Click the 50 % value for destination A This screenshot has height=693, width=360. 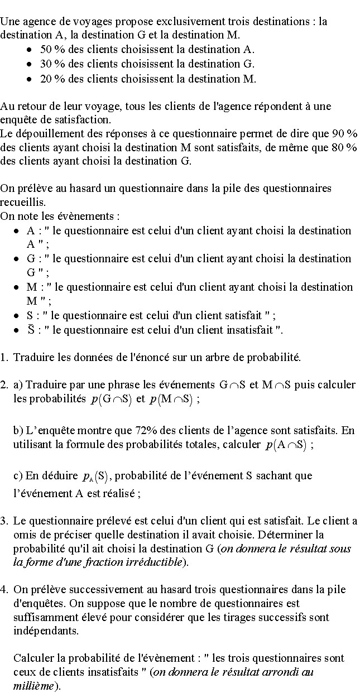(50, 50)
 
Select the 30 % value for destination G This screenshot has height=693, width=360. (50, 64)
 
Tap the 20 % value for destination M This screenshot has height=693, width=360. (50, 78)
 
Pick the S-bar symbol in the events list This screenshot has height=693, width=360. (31, 329)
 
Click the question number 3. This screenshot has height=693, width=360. (4, 521)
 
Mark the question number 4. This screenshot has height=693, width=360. (4, 589)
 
